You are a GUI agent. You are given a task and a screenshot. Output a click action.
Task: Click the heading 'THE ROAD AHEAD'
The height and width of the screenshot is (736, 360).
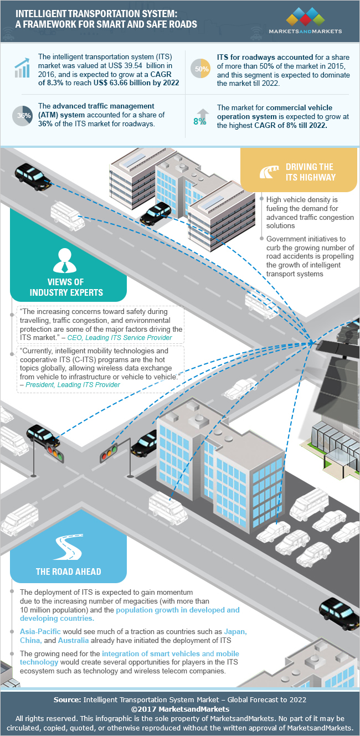tap(69, 571)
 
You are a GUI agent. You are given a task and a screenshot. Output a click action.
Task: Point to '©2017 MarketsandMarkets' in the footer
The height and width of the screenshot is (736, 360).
tap(180, 709)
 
